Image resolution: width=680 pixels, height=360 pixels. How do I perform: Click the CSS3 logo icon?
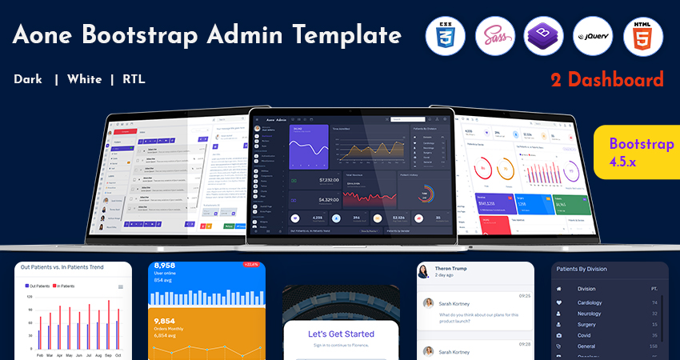(x=446, y=36)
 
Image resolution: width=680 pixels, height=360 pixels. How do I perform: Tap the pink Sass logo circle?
(x=494, y=36)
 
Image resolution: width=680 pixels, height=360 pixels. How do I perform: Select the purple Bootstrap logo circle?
(x=544, y=36)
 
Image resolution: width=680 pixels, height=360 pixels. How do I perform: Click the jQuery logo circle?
(x=594, y=36)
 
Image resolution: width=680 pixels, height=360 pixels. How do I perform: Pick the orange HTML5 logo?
(x=643, y=36)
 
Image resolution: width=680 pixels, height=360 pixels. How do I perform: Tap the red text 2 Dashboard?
(x=607, y=79)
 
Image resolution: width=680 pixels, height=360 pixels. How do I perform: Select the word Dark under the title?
(x=29, y=79)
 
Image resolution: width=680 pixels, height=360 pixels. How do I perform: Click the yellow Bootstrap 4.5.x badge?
(x=640, y=151)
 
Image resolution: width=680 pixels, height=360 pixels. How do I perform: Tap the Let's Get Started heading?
(x=341, y=334)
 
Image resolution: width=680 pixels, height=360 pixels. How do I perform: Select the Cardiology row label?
(x=590, y=302)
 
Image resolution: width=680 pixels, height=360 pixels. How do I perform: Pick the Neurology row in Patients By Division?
(x=590, y=314)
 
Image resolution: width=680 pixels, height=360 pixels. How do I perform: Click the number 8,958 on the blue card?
(x=165, y=266)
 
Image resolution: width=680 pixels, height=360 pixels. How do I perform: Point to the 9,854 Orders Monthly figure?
(x=165, y=321)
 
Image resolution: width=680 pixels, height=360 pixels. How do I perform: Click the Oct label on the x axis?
(x=118, y=354)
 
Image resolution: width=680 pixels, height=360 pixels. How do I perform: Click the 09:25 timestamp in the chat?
(x=524, y=295)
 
